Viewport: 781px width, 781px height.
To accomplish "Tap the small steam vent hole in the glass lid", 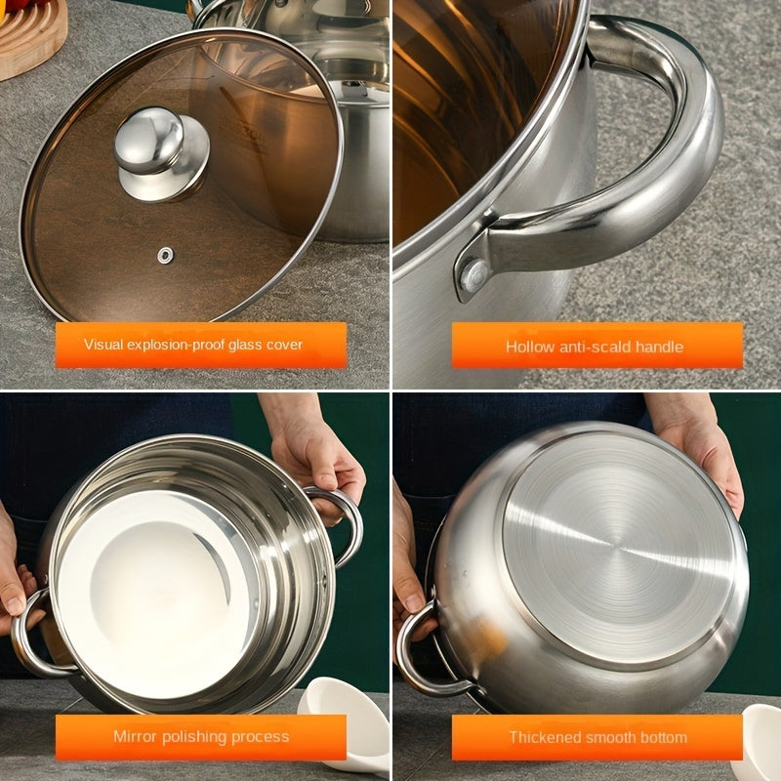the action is (165, 255).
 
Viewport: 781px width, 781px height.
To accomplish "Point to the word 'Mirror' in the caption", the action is (135, 736).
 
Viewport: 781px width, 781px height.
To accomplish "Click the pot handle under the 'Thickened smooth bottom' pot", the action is (424, 652).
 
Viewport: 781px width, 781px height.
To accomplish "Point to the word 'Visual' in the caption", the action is (103, 345).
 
